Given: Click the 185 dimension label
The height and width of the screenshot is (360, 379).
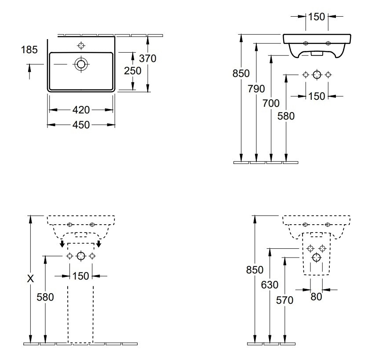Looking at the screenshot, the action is tap(29, 50).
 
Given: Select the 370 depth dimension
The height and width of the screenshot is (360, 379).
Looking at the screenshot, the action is tap(148, 58).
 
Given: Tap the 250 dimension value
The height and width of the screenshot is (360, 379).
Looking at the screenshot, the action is tap(133, 71).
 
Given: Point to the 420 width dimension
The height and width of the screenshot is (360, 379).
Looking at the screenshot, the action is tap(81, 110).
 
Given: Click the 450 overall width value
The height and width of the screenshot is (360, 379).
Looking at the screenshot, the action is tap(81, 125).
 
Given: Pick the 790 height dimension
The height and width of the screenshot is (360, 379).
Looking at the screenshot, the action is tap(256, 89).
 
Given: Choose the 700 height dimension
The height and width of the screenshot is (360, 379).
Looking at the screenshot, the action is tap(271, 103).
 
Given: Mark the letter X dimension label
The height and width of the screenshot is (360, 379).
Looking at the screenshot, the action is tap(30, 279).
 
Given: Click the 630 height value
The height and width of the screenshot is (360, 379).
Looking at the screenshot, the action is tap(270, 285).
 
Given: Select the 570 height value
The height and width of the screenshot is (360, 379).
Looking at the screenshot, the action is tap(285, 300).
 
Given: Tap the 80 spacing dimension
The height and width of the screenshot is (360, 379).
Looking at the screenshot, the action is tap(316, 297).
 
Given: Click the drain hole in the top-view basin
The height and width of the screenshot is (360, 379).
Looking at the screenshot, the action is tap(81, 64).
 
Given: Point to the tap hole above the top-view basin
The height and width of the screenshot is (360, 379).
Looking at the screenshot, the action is tap(81, 45).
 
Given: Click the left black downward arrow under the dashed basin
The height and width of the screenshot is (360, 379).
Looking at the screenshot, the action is tap(62, 244).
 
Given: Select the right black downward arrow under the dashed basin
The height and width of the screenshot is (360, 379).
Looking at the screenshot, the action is tap(98, 244).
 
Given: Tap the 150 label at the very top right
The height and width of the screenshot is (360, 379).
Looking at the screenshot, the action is tap(317, 17).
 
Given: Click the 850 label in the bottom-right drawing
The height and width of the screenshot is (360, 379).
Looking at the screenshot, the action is tap(255, 269).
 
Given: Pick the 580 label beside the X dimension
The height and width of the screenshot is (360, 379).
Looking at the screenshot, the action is tap(45, 297).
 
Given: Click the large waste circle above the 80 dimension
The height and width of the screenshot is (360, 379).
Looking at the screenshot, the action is tap(317, 258).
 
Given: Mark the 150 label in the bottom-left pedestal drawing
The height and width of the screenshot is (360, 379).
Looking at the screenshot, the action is tap(81, 276).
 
